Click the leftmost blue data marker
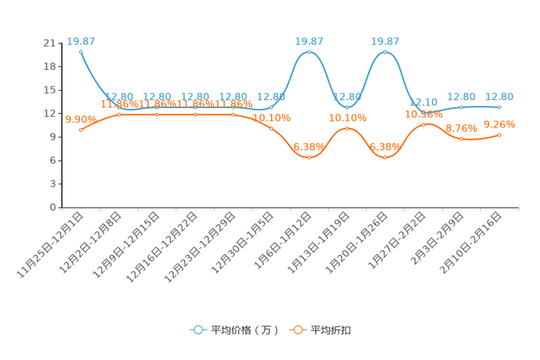[x=81, y=51]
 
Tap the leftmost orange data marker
[x=81, y=130]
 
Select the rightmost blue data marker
[x=499, y=107]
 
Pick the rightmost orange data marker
[x=500, y=135]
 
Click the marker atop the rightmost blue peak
[x=385, y=52]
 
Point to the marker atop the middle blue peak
[x=309, y=52]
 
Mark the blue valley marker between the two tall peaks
[x=348, y=107]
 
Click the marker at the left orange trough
[x=309, y=157]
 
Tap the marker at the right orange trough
[x=385, y=157]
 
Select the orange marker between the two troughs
[x=348, y=128]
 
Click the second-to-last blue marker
[x=462, y=107]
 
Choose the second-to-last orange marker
[x=462, y=139]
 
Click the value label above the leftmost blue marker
[x=80, y=41]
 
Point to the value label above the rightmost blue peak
[x=385, y=41]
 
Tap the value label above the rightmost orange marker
[x=499, y=125]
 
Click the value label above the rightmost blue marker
[x=499, y=97]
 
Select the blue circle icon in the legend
[x=197, y=330]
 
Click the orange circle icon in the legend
[x=297, y=330]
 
